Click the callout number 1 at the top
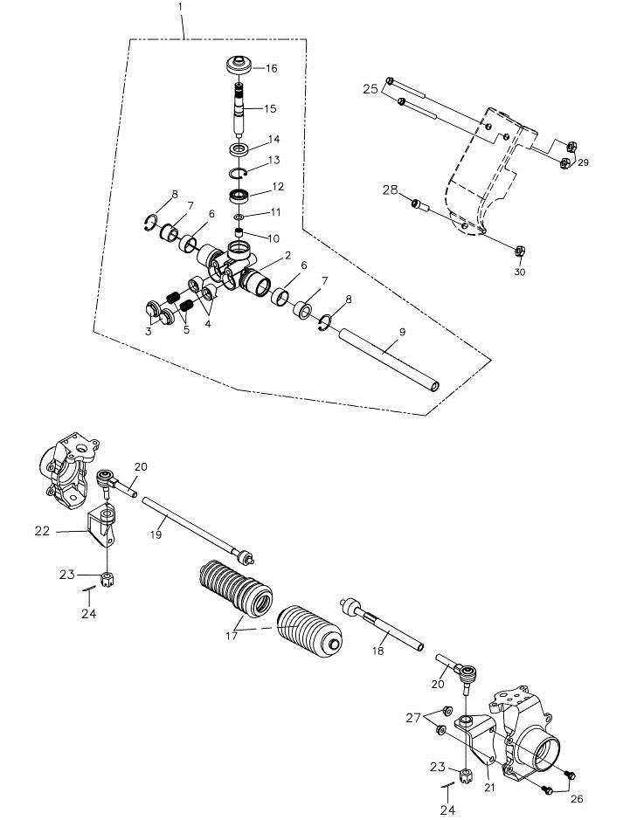180,7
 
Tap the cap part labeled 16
239,65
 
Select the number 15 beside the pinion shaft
270,109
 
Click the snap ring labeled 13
239,169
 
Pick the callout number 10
273,238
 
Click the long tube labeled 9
389,360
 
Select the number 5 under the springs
185,330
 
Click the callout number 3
149,331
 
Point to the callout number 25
370,89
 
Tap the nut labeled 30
517,252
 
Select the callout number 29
583,163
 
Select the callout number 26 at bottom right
577,798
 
